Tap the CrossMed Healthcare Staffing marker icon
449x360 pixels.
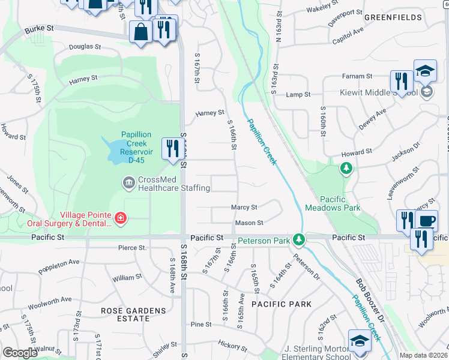click(127, 182)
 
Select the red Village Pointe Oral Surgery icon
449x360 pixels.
click(121, 217)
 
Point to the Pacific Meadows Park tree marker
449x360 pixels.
click(346, 169)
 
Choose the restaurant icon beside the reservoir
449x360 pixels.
click(173, 149)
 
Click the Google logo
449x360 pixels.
click(20, 353)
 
